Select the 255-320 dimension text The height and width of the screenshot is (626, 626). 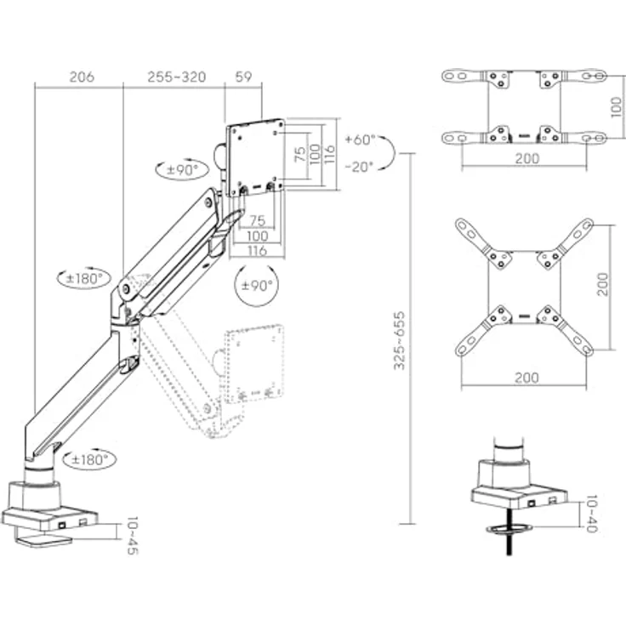coord(176,77)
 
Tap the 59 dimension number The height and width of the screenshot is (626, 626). coord(242,77)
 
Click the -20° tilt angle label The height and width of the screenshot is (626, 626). coord(360,167)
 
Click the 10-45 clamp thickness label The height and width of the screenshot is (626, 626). coord(131,535)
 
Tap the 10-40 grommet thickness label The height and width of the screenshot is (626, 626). coord(592,514)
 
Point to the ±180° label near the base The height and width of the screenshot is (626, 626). coord(90,459)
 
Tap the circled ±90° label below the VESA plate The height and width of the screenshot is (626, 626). coord(256,285)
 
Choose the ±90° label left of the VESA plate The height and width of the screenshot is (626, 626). coord(181,169)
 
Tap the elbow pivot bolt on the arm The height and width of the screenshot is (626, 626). coord(127,289)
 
